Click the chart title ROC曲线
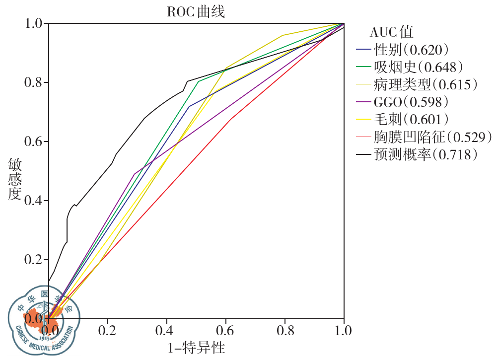click(x=196, y=12)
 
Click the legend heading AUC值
click(x=391, y=32)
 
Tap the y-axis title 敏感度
click(x=15, y=179)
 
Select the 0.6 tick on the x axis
click(x=226, y=330)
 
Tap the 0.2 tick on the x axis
click(x=108, y=330)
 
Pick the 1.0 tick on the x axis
click(x=344, y=330)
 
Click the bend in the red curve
click(x=230, y=119)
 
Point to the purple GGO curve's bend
click(x=134, y=174)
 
